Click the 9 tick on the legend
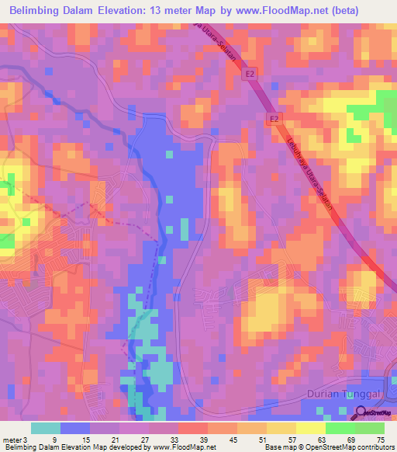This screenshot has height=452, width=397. (53, 440)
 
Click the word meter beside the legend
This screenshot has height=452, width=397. (11, 440)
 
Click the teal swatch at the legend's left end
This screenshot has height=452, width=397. (46, 428)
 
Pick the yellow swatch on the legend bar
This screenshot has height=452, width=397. (311, 428)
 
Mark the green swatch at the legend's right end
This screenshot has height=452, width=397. (370, 428)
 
